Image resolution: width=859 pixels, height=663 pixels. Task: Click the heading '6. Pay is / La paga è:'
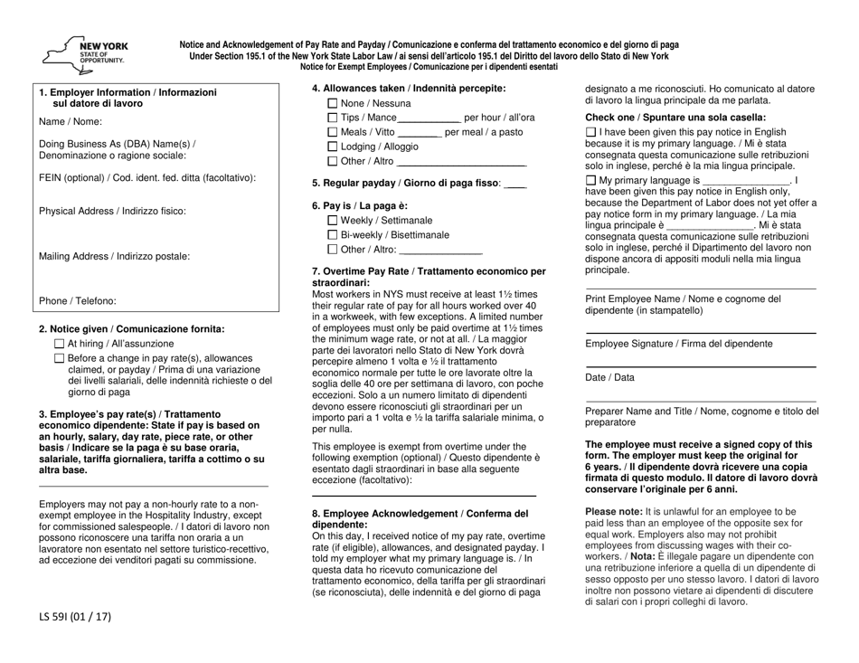point(358,206)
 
